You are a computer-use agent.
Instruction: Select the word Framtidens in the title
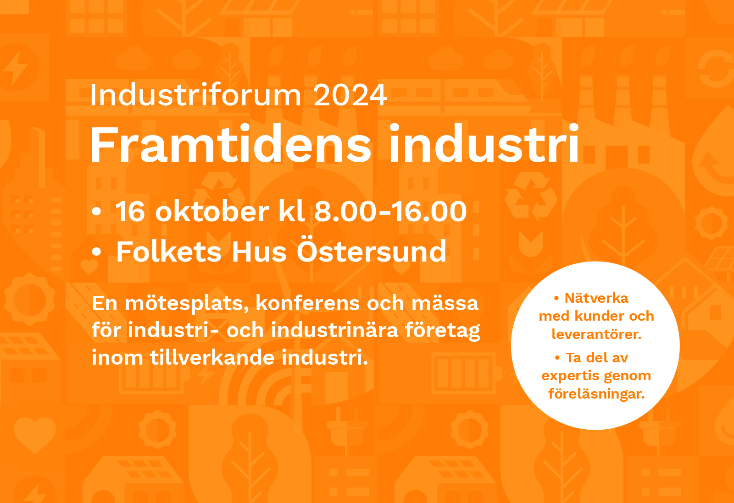(231, 144)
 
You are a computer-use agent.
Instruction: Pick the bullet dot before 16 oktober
(96, 211)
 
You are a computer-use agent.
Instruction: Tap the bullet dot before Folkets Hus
(96, 251)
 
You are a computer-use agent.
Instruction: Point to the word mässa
(445, 303)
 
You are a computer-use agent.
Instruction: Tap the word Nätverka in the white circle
(596, 298)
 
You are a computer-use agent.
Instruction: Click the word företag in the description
(443, 331)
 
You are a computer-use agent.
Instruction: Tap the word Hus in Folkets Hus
(259, 251)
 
